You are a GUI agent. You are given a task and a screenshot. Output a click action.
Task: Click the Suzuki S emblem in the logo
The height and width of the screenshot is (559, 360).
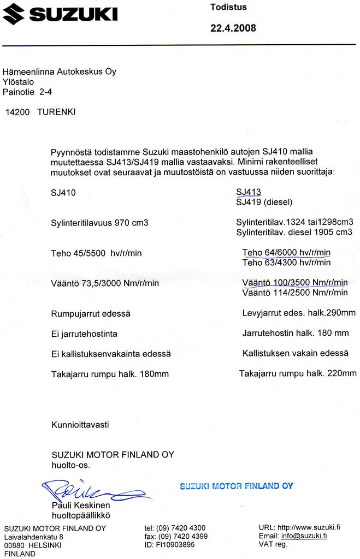click(x=15, y=14)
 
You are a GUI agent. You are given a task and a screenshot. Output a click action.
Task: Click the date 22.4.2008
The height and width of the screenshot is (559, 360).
click(x=233, y=28)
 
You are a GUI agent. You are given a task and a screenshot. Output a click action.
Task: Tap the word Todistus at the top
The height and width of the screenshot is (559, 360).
click(x=228, y=7)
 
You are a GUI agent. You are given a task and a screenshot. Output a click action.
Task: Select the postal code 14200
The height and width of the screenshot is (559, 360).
click(x=17, y=112)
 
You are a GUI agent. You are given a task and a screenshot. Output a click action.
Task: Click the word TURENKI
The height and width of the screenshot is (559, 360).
click(x=56, y=112)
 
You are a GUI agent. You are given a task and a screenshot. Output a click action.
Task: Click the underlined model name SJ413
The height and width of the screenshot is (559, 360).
click(x=249, y=192)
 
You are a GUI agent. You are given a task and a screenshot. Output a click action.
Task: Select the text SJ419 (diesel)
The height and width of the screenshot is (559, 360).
click(x=264, y=202)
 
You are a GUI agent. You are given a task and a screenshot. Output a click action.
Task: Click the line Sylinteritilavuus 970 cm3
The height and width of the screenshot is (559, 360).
click(x=99, y=223)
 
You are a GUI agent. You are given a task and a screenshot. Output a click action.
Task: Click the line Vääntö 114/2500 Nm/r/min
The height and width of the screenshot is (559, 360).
click(x=294, y=293)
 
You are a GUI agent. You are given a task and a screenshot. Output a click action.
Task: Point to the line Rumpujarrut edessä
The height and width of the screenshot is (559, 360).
click(x=91, y=314)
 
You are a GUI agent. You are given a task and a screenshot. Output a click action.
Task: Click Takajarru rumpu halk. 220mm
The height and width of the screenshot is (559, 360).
click(x=298, y=373)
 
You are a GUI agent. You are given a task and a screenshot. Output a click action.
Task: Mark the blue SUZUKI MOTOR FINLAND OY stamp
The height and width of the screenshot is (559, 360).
click(x=236, y=486)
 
